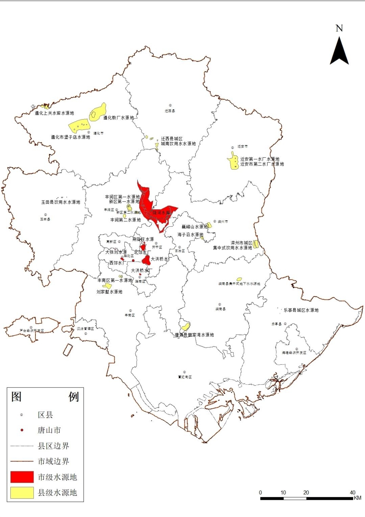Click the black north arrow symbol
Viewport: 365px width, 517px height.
[x=339, y=51]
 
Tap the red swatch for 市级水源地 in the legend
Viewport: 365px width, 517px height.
[x=22, y=477]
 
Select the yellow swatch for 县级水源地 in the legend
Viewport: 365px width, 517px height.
[x=22, y=492]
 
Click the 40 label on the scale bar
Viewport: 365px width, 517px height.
[x=352, y=492]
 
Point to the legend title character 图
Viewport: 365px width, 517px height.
[x=17, y=397]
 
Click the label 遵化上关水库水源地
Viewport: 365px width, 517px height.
[x=54, y=113]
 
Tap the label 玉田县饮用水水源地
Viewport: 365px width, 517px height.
[x=61, y=202]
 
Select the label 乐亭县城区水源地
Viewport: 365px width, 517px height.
[x=301, y=310]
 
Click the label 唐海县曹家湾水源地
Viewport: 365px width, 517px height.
[x=194, y=335]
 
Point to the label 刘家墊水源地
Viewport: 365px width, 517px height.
[x=109, y=292]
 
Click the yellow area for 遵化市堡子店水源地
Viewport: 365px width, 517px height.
[x=80, y=126]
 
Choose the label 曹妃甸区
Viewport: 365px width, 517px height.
[x=185, y=377]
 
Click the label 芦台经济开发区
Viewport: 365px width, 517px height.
[x=32, y=331]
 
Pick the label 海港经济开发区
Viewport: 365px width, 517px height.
[x=294, y=353]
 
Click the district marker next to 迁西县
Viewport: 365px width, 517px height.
[x=171, y=106]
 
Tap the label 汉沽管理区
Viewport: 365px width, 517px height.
[x=86, y=329]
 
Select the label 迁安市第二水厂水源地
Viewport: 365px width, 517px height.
[x=262, y=164]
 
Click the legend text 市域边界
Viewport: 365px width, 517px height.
[x=53, y=461]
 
